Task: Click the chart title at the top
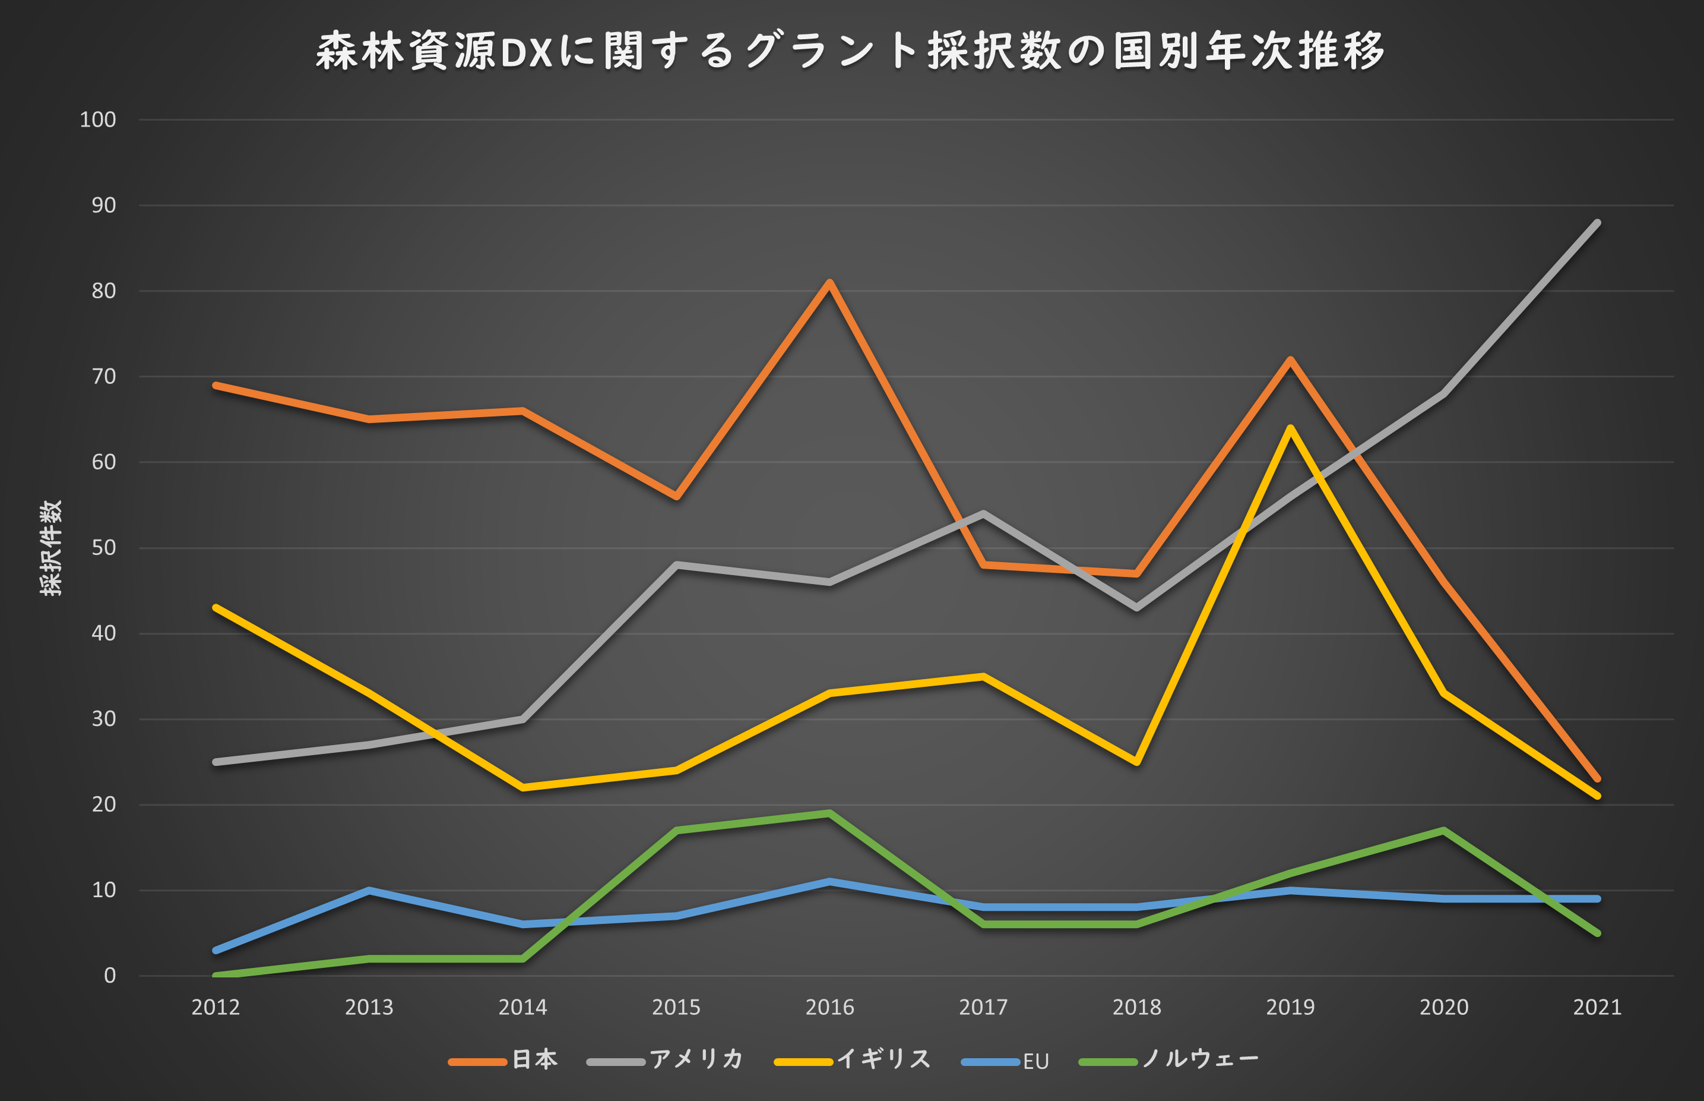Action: tap(850, 52)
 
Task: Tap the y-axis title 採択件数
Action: tap(52, 548)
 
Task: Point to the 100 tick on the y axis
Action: tap(98, 119)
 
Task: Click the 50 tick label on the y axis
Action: tap(103, 548)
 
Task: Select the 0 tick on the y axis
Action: tap(109, 976)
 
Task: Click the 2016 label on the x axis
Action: tap(829, 1007)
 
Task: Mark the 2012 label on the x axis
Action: tap(215, 1007)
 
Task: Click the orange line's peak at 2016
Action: tap(829, 282)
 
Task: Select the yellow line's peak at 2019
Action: tap(1290, 428)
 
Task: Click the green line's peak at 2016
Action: tap(829, 813)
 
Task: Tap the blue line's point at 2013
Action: tap(369, 891)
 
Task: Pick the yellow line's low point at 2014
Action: tap(522, 788)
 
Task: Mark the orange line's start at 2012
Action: tap(215, 386)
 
